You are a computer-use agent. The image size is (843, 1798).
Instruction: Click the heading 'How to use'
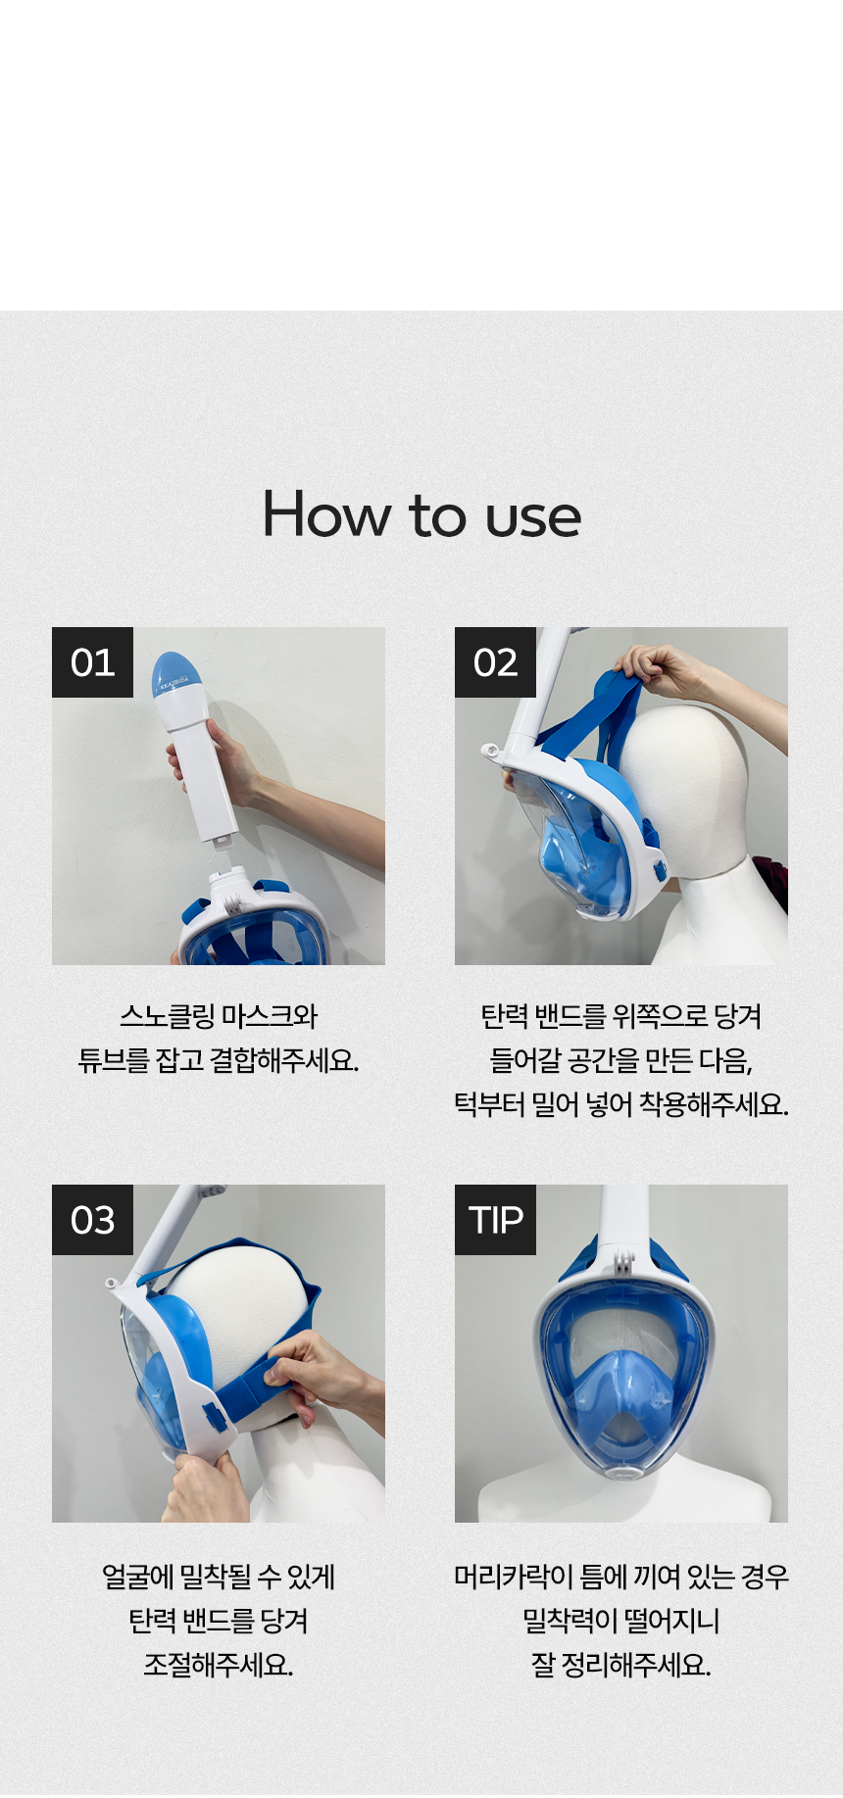[421, 514]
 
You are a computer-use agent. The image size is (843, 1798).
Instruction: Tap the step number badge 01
[92, 662]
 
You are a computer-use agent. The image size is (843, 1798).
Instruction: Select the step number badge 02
[495, 662]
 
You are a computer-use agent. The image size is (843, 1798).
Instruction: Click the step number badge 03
[92, 1220]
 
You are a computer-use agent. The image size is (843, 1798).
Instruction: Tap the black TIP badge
[495, 1220]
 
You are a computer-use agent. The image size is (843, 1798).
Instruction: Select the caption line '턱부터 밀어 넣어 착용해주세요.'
[620, 1105]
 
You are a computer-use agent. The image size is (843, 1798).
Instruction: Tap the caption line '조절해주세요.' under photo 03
[218, 1665]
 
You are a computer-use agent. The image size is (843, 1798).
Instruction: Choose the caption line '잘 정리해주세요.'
[620, 1665]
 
